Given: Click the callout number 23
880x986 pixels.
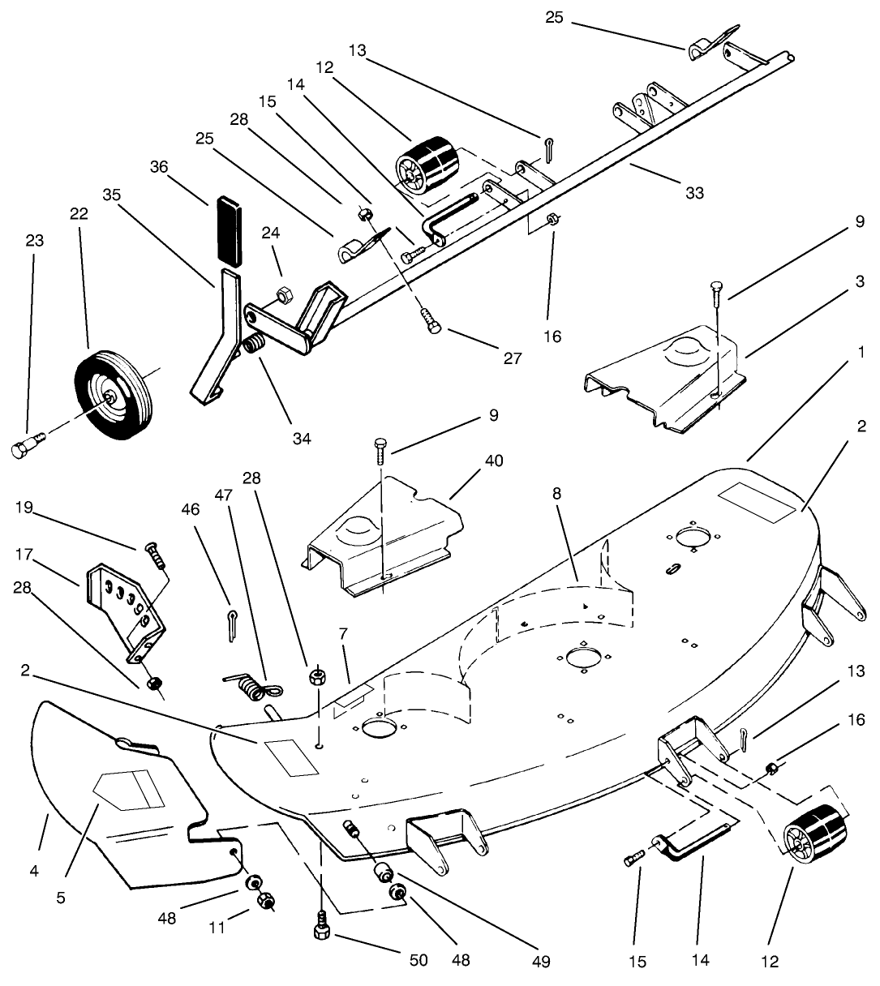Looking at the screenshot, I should [34, 241].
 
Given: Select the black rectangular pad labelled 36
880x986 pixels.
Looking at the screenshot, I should [230, 229].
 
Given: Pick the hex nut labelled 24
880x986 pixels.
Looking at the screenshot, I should [284, 293].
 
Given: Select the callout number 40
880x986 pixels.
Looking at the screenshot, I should [493, 461].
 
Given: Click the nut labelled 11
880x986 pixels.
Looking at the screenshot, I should [264, 900].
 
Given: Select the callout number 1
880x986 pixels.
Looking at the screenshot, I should [859, 354].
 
